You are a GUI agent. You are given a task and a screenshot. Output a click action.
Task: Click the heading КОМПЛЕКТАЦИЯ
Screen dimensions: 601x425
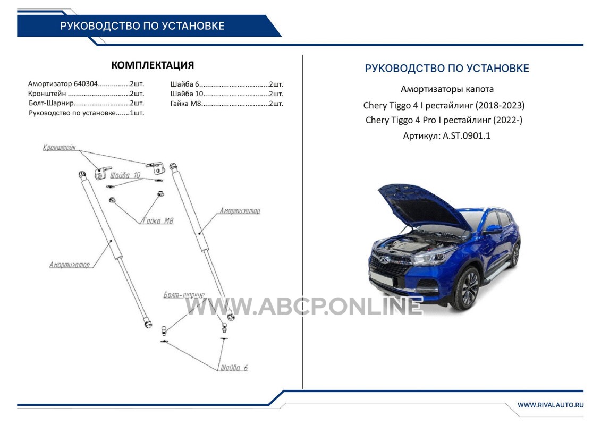[x=153, y=65]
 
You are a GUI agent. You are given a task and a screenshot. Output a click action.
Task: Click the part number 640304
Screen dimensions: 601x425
[x=86, y=83]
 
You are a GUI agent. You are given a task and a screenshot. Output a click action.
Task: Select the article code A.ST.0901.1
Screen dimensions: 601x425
[x=467, y=135]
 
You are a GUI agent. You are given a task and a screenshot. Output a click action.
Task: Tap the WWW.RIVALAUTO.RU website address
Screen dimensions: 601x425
[x=551, y=405]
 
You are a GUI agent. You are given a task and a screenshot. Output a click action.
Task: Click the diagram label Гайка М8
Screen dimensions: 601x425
[x=158, y=221]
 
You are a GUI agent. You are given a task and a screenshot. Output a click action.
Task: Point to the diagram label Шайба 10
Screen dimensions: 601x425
[x=125, y=175]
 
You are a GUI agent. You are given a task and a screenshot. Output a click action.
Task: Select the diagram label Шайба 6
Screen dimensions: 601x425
[x=234, y=368]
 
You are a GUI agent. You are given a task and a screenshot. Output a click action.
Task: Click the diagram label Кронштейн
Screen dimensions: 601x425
[x=60, y=148]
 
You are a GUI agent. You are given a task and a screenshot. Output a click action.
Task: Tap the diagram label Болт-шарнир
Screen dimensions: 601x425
[x=184, y=295]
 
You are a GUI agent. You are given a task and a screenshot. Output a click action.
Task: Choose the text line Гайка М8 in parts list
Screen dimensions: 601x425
[x=227, y=104]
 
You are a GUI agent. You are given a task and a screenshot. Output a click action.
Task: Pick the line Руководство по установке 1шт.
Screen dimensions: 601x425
[x=86, y=113]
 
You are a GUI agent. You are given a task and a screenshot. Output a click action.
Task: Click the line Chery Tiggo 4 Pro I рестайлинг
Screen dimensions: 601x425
[x=444, y=121]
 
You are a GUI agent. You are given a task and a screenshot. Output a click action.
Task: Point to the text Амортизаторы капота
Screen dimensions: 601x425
[x=447, y=89]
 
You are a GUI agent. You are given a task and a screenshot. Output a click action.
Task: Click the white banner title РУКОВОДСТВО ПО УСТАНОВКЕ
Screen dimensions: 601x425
[x=142, y=25]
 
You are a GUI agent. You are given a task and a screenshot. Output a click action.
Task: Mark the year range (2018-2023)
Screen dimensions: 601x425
[x=500, y=105]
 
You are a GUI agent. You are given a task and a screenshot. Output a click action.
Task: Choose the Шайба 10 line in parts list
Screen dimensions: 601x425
[x=227, y=94]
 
